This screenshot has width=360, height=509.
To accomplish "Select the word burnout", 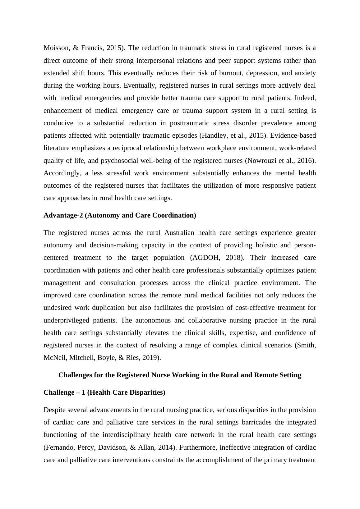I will click(226, 73).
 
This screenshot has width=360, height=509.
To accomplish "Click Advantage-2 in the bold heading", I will click(63, 215).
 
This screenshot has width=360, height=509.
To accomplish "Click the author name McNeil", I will click(55, 358).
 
